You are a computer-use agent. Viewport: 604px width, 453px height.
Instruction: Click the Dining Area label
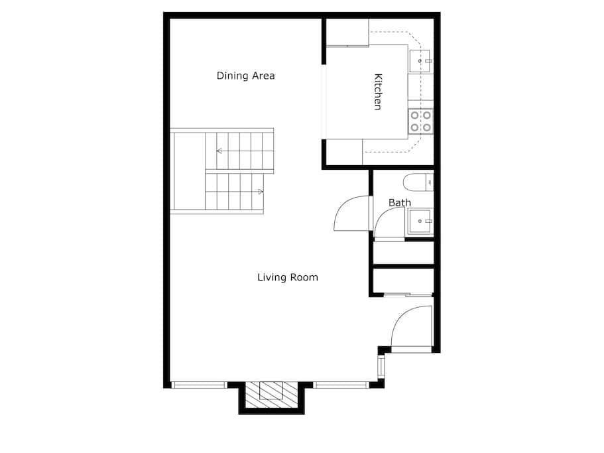pyautogui.click(x=245, y=76)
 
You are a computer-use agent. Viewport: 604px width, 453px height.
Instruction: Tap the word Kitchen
pyautogui.click(x=377, y=92)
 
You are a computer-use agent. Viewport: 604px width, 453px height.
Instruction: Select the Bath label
pyautogui.click(x=399, y=202)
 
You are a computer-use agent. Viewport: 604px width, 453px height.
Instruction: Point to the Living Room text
pyautogui.click(x=287, y=277)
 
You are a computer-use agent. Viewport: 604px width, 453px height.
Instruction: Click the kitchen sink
pyautogui.click(x=420, y=61)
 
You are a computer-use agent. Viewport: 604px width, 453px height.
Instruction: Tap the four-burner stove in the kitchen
pyautogui.click(x=420, y=120)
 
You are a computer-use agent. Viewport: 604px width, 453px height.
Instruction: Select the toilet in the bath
pyautogui.click(x=417, y=181)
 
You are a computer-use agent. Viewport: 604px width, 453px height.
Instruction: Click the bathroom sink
pyautogui.click(x=420, y=220)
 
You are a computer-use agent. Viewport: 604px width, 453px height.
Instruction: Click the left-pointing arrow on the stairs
pyautogui.click(x=219, y=151)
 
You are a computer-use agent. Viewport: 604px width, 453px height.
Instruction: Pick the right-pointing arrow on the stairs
pyautogui.click(x=260, y=192)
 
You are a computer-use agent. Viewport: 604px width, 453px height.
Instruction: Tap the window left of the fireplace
pyautogui.click(x=199, y=385)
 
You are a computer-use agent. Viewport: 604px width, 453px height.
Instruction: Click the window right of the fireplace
pyautogui.click(x=341, y=385)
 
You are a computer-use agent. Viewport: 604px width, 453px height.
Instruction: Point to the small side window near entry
pyautogui.click(x=381, y=366)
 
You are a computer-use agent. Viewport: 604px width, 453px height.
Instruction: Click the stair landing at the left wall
pyautogui.click(x=188, y=171)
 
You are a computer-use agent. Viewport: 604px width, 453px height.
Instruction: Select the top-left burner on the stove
pyautogui.click(x=415, y=115)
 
